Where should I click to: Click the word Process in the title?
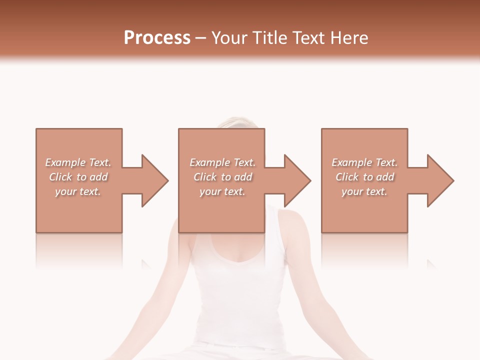pos(157,38)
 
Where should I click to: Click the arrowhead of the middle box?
pos(297,180)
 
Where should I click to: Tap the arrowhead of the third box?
pos(440,180)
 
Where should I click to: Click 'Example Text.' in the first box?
pos(78,162)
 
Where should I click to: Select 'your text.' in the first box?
pos(78,191)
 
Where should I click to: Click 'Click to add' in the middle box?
pos(222,177)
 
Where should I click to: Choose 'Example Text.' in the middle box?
pos(222,162)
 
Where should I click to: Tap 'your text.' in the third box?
pos(364,191)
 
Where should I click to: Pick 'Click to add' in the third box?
pos(364,177)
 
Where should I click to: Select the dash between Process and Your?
pos(201,38)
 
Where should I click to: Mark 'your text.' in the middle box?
pos(222,191)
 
